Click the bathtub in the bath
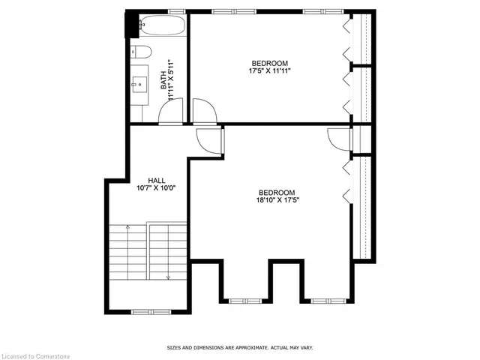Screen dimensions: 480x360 tap(163, 25)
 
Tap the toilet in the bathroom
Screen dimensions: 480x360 tap(141, 52)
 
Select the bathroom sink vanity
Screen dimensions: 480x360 tap(139, 85)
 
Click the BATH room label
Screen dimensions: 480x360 tap(163, 80)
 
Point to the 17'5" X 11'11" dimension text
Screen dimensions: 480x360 tap(269, 71)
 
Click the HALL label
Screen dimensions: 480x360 tap(157, 181)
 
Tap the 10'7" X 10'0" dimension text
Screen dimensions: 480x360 tap(156, 188)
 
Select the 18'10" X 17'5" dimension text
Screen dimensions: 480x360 tap(277, 200)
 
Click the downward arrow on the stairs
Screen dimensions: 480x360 tap(168, 252)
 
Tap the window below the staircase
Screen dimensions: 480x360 tap(151, 312)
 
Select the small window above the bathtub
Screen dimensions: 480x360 tap(177, 12)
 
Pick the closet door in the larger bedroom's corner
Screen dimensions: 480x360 tap(338, 139)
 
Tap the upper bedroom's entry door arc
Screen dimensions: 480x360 tap(205, 112)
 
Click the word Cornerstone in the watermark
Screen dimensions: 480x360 tap(52, 356)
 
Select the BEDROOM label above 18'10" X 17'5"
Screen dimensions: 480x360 tap(277, 193)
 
